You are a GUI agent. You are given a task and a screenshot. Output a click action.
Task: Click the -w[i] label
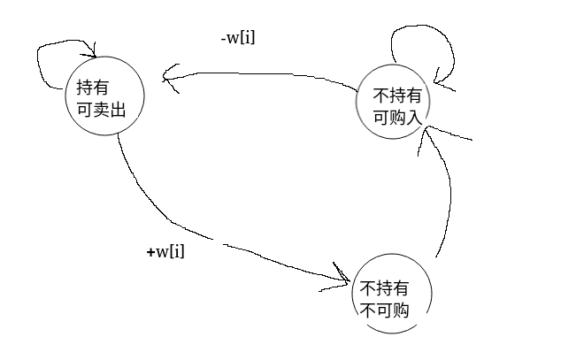pyautogui.click(x=238, y=39)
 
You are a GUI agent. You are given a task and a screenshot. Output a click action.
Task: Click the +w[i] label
pyautogui.click(x=165, y=252)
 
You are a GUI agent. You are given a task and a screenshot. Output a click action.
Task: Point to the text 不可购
pyautogui.click(x=385, y=310)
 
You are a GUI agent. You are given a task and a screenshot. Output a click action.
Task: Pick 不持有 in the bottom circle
pyautogui.click(x=385, y=288)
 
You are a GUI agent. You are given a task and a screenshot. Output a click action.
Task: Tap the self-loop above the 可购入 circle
pyautogui.click(x=425, y=40)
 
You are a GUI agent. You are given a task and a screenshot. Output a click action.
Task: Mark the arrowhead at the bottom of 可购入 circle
pyautogui.click(x=428, y=133)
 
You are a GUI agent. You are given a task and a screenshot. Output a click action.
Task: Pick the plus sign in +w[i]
pyautogui.click(x=150, y=253)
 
